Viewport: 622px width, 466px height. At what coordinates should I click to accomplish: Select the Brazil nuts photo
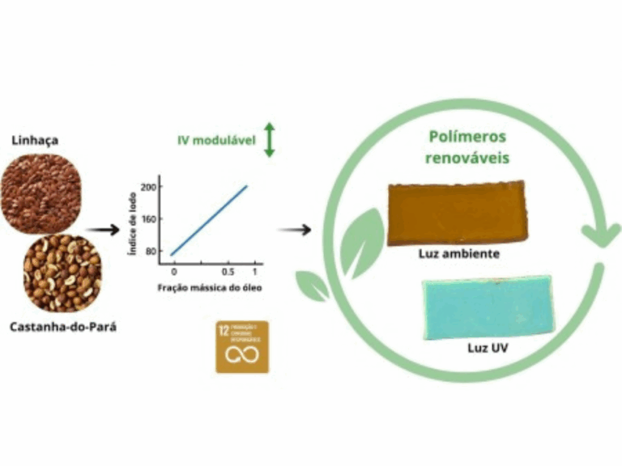click(x=62, y=273)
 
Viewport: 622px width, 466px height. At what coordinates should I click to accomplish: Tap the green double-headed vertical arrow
click(x=271, y=140)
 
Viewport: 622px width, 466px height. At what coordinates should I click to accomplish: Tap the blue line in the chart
click(x=209, y=219)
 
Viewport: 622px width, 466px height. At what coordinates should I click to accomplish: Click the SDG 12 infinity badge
click(x=242, y=346)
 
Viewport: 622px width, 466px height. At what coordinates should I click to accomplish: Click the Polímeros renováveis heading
click(x=467, y=147)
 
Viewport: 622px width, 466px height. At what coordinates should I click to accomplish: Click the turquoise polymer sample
click(x=488, y=308)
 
